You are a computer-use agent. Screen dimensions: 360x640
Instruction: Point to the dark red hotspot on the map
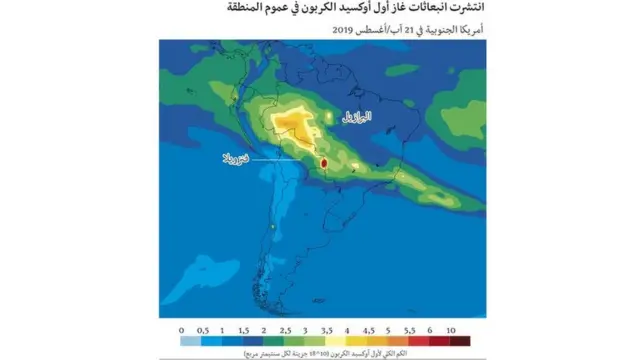[x=323, y=162]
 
